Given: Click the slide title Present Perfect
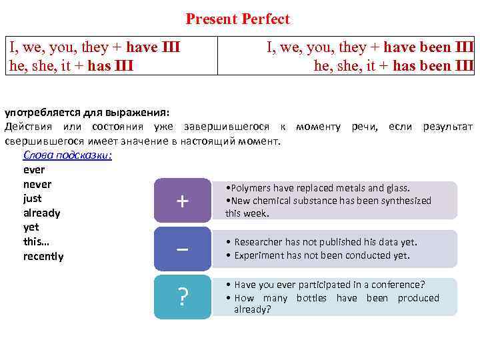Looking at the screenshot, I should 238,19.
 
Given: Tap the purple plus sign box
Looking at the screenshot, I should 181,201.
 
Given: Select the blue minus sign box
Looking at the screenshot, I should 181,249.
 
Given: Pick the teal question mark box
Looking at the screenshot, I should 181,297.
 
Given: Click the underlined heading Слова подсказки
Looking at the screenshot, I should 67,155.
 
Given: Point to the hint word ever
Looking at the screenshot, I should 33,169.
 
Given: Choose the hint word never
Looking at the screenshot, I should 37,184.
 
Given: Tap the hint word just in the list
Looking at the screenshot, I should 32,198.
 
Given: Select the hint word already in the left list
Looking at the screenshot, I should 41,213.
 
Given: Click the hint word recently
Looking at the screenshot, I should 43,256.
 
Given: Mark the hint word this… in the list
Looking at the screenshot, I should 37,241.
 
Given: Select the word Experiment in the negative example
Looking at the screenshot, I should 260,255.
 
